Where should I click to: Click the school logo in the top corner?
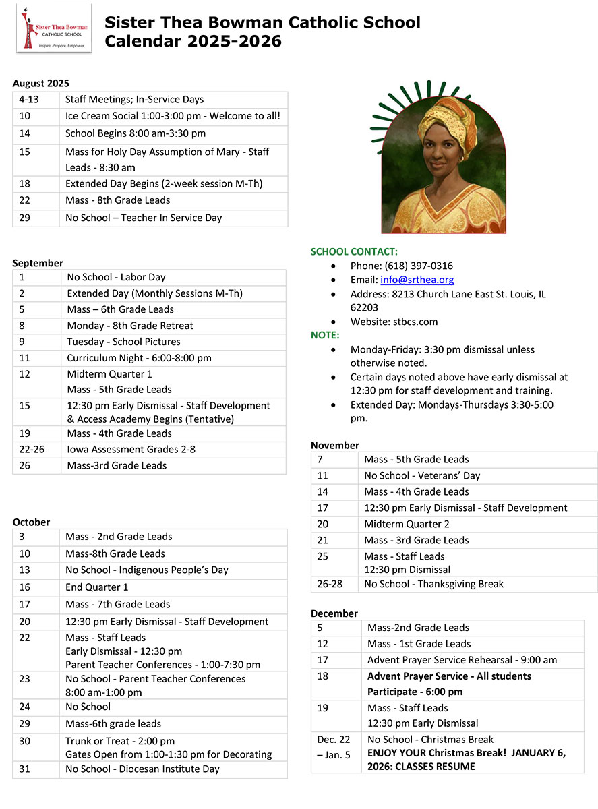pyautogui.click(x=53, y=28)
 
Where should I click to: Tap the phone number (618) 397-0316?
pyautogui.click(x=401, y=266)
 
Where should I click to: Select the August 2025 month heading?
pyautogui.click(x=40, y=84)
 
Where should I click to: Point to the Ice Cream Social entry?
pyautogui.click(x=173, y=116)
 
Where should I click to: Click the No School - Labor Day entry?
pyautogui.click(x=116, y=277)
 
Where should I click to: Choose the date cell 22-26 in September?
pyautogui.click(x=32, y=449)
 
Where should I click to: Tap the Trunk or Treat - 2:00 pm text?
pyautogui.click(x=120, y=741)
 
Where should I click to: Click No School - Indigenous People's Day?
pyautogui.click(x=147, y=570)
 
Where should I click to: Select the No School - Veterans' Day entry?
pyautogui.click(x=422, y=475)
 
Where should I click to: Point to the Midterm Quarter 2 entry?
pyautogui.click(x=407, y=524)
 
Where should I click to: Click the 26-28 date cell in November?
pyautogui.click(x=329, y=584)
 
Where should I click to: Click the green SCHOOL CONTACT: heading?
pyautogui.click(x=354, y=251)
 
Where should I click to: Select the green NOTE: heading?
pyautogui.click(x=325, y=335)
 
